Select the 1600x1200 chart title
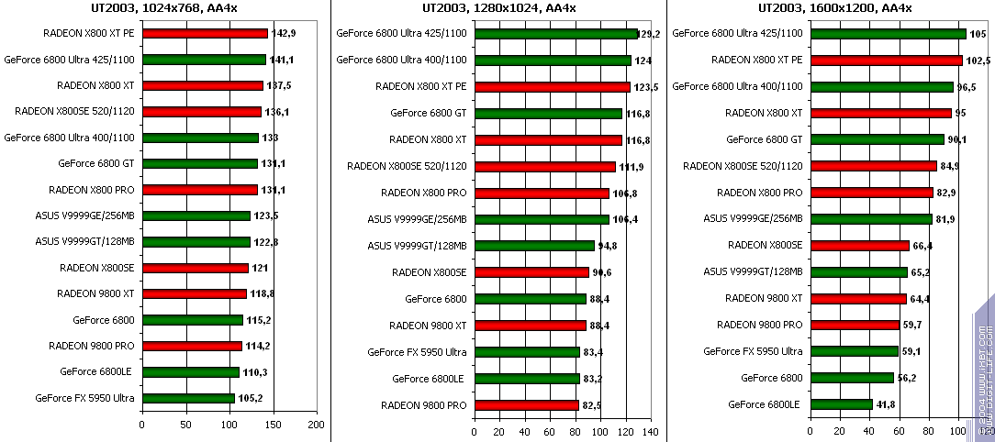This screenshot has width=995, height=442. click(x=834, y=8)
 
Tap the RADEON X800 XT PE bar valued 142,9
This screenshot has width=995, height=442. click(x=205, y=34)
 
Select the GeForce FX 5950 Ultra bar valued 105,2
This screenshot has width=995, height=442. click(x=188, y=399)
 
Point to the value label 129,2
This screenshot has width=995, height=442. click(x=651, y=34)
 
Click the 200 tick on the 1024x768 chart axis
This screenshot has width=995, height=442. click(x=316, y=425)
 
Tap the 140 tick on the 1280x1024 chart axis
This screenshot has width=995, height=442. click(x=651, y=431)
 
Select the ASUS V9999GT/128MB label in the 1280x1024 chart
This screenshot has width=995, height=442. click(x=418, y=246)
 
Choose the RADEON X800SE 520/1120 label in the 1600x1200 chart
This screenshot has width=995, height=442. click(x=743, y=166)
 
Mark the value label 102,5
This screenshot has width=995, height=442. click(x=978, y=61)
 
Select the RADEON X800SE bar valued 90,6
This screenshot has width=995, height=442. click(x=531, y=272)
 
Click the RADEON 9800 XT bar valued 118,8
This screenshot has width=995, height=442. click(x=194, y=294)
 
